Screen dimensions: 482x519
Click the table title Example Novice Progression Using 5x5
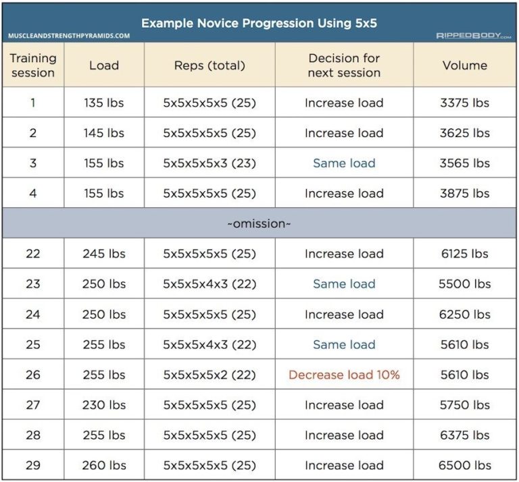coord(259,24)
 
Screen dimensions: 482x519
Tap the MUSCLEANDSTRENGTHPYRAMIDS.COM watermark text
coord(70,35)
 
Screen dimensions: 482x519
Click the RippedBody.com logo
coord(472,35)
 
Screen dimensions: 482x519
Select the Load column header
coord(104,65)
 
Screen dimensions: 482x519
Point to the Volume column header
coord(464,65)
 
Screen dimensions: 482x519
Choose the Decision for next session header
coord(344,65)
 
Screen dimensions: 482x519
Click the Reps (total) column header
coord(209,65)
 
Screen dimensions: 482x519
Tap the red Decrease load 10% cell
coord(344,375)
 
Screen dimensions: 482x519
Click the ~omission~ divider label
coord(259,223)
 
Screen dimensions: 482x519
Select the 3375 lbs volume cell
coord(464,103)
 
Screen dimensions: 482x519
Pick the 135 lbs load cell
coord(104,103)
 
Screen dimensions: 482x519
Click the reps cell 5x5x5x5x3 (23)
coord(209,163)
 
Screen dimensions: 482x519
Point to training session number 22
coord(33,254)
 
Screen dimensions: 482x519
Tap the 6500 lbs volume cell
coord(464,465)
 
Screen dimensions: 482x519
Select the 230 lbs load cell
coord(104,405)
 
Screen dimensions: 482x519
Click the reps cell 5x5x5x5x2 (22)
coord(209,375)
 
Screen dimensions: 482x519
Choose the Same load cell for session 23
coord(344,284)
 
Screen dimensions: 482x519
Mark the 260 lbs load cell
coord(104,465)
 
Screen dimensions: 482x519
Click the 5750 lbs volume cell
coord(464,405)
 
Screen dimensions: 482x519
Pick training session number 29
coord(33,465)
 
